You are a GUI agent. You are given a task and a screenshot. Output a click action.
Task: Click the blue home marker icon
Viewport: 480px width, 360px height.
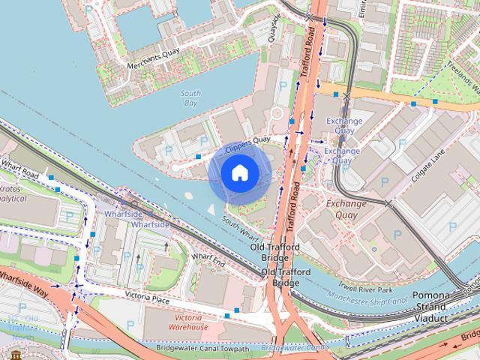click(238, 173)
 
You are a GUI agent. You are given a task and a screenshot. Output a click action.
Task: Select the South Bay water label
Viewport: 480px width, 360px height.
click(191, 97)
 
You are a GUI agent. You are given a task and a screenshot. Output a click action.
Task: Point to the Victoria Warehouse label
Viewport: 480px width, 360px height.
click(187, 322)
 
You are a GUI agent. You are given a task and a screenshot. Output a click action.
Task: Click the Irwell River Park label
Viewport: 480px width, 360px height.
click(364, 289)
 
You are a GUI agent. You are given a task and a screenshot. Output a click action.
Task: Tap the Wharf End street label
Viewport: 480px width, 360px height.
click(208, 259)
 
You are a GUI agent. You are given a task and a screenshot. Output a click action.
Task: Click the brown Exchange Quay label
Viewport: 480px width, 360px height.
click(346, 209)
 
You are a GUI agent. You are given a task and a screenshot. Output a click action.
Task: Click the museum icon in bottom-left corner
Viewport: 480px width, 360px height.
click(16, 354)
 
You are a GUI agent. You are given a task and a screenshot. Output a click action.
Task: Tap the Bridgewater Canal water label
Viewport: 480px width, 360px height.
click(295, 349)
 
